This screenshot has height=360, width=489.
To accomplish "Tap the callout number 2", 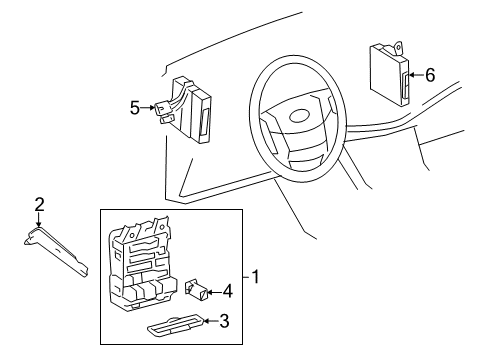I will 40,205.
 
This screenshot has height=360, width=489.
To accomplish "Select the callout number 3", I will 225,321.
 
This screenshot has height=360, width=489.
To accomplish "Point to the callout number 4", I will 228,291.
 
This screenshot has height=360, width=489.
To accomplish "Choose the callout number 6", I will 430,74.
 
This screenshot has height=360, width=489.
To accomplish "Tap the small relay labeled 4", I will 198,292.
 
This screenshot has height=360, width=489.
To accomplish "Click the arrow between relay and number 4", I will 214,292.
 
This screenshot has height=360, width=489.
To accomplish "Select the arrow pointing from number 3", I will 210,321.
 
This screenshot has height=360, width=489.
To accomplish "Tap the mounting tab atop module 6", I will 398,44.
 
